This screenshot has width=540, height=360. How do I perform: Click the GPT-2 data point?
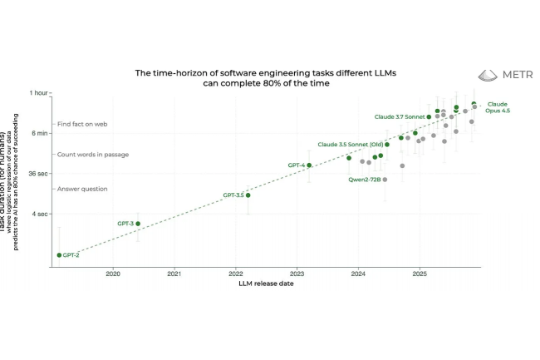point(59,255)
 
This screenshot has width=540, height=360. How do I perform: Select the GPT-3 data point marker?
point(138,224)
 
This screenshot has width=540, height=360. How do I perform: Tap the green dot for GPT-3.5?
point(248,195)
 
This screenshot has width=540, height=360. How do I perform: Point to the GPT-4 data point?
point(309,165)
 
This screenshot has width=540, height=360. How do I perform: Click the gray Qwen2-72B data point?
point(385,179)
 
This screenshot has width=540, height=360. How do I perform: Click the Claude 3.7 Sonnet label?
point(399,117)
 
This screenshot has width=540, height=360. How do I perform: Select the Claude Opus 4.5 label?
point(497,107)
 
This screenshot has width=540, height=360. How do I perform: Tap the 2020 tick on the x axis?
point(113,274)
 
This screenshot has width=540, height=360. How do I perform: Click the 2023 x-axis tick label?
point(297,274)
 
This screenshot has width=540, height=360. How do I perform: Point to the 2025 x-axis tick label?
point(420,274)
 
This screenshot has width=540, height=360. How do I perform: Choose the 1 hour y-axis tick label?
point(39,93)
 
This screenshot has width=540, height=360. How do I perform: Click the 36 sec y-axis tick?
point(39,174)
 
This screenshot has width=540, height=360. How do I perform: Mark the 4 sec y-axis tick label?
point(41,214)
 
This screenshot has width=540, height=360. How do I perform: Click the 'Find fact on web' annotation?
point(82,125)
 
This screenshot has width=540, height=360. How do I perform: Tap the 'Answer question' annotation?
point(82,189)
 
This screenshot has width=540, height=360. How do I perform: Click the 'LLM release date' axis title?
point(265,284)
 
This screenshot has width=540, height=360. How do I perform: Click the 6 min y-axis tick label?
point(40,133)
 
